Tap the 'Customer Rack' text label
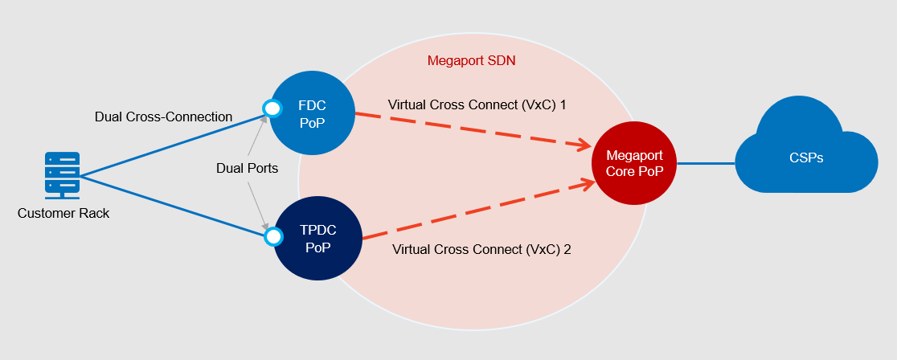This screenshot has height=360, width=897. tap(63, 214)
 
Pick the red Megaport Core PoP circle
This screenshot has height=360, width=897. tap(634, 163)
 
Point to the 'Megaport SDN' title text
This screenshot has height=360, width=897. tap(471, 60)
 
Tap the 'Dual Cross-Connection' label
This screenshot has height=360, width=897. tap(163, 117)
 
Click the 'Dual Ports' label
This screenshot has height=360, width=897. tap(248, 169)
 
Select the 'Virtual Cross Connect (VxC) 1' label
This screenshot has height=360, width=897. tap(477, 104)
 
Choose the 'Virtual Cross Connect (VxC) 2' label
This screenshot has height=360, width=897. tap(481, 249)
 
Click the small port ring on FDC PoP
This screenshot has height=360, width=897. tap(272, 108)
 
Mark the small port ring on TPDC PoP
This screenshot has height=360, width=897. tap(273, 236)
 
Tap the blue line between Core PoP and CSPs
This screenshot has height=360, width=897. tap(706, 163)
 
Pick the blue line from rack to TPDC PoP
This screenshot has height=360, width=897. tap(173, 205)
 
